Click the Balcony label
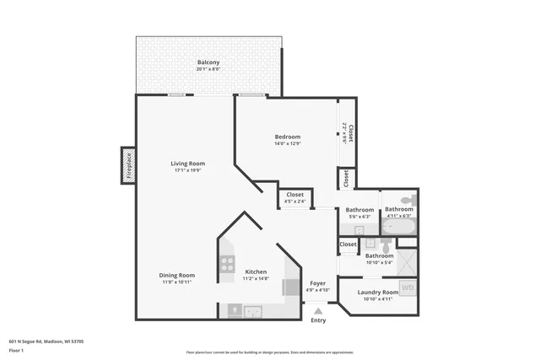[208, 62]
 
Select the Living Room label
[188, 164]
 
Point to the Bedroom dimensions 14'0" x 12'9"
[287, 143]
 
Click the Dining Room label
[177, 275]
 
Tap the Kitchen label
[256, 271]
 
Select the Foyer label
[317, 283]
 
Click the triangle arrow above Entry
[318, 310]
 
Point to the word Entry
[318, 320]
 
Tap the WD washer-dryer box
[408, 288]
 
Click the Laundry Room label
[378, 292]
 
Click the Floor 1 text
[16, 350]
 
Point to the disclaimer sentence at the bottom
[269, 352]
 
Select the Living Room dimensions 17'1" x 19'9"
[188, 171]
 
